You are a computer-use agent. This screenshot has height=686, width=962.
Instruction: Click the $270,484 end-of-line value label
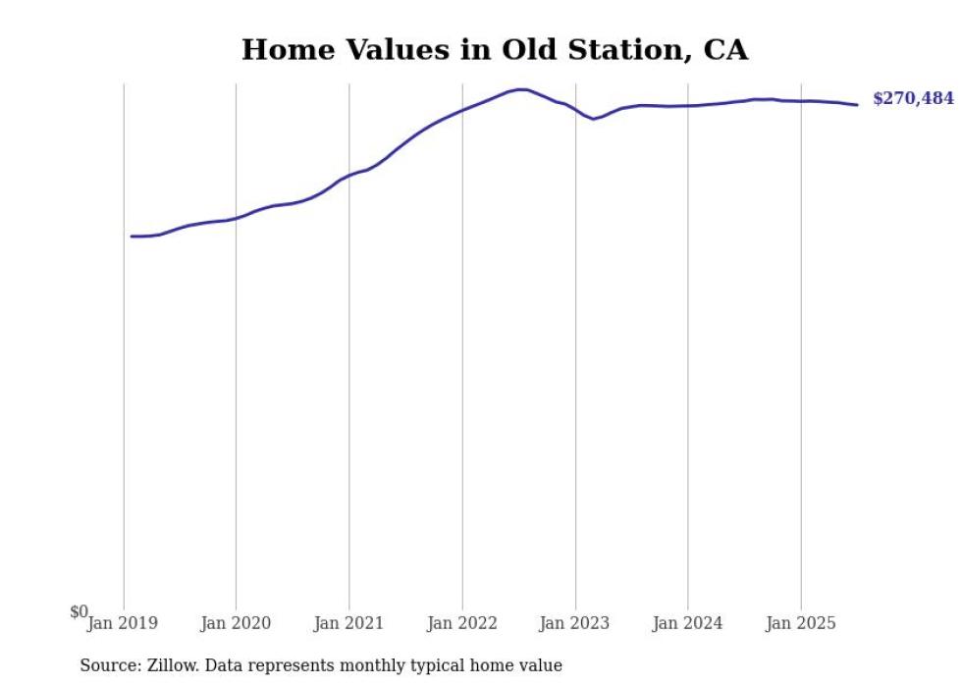point(912,99)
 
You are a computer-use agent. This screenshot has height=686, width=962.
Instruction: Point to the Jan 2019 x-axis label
point(122,623)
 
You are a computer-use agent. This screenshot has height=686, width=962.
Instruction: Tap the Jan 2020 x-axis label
point(236,623)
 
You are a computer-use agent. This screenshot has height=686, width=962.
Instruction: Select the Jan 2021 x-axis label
point(348,623)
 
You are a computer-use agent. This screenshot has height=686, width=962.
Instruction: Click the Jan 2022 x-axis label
point(462,623)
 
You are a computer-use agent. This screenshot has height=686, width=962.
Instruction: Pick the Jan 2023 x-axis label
point(575,623)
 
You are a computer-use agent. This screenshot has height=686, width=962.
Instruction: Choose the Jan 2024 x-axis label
point(688,623)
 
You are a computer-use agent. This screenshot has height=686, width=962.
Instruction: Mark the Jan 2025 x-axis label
point(801,623)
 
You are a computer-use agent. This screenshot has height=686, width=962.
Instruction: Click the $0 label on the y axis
point(79,612)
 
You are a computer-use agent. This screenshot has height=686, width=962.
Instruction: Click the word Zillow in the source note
point(170,665)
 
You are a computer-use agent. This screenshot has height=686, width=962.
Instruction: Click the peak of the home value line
point(521,89)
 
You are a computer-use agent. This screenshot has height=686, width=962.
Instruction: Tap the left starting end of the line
point(132,237)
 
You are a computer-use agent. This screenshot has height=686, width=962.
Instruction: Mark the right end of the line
point(857,105)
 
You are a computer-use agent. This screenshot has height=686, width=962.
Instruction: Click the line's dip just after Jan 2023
point(593,119)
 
